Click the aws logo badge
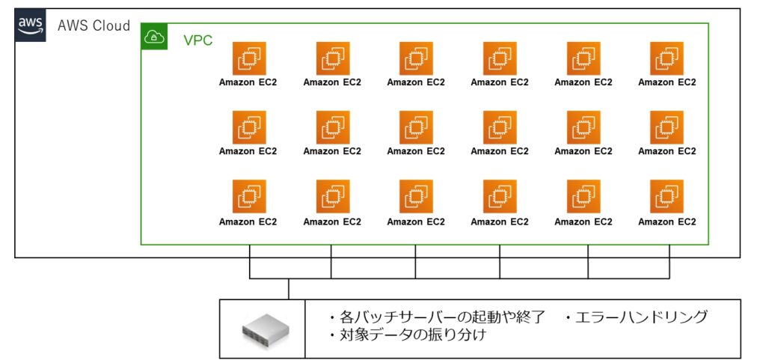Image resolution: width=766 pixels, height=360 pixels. (x=30, y=25)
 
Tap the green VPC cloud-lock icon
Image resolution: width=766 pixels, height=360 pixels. (x=154, y=36)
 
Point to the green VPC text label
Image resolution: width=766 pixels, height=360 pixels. (x=197, y=40)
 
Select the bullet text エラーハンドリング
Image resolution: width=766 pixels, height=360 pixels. (x=636, y=317)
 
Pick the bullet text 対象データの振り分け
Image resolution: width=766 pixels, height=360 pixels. (x=407, y=335)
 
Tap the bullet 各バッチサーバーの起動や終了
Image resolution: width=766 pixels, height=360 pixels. (x=436, y=317)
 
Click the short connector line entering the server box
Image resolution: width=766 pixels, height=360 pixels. (x=289, y=289)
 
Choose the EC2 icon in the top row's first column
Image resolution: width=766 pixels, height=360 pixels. (x=249, y=58)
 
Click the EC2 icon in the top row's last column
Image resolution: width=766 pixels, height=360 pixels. (x=667, y=58)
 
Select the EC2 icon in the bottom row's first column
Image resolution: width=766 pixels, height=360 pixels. (x=249, y=196)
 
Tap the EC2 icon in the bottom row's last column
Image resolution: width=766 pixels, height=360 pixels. (x=667, y=196)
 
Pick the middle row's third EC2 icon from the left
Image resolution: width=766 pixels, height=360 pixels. (x=416, y=127)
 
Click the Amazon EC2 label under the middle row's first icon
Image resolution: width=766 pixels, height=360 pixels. (x=248, y=151)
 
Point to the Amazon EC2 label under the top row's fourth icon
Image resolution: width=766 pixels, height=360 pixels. (x=500, y=82)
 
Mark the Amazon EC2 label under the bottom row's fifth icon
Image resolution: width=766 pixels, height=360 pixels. (x=583, y=222)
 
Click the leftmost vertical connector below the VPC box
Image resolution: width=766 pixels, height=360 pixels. (x=250, y=262)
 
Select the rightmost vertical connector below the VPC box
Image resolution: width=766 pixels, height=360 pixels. (x=670, y=262)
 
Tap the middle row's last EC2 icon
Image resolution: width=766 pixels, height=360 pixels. (x=667, y=127)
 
